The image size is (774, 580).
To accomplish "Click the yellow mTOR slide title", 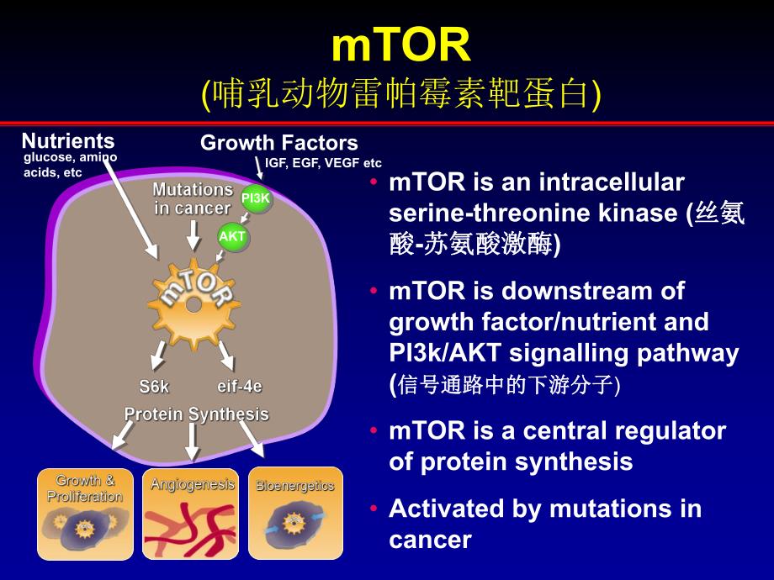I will (400, 45).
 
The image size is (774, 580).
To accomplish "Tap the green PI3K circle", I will (257, 198).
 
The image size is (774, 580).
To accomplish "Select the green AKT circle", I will (232, 237).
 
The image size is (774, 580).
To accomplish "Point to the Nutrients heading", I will (68, 140).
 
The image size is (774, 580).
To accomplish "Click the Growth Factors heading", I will (278, 143).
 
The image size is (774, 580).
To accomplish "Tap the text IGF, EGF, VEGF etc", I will (323, 163).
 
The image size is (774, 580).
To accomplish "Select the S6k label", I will (154, 388).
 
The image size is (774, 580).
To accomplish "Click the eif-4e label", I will (240, 388).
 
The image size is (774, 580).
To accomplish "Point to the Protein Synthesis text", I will (196, 414).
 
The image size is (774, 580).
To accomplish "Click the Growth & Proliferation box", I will (85, 514).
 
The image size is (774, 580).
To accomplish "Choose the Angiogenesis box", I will (192, 514).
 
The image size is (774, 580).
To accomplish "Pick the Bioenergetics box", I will (295, 514).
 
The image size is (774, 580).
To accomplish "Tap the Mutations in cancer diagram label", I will (193, 199).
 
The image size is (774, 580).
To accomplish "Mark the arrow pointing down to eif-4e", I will (225, 356).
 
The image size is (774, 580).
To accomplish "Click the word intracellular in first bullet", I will (607, 182).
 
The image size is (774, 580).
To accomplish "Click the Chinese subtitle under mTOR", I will (401, 94).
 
